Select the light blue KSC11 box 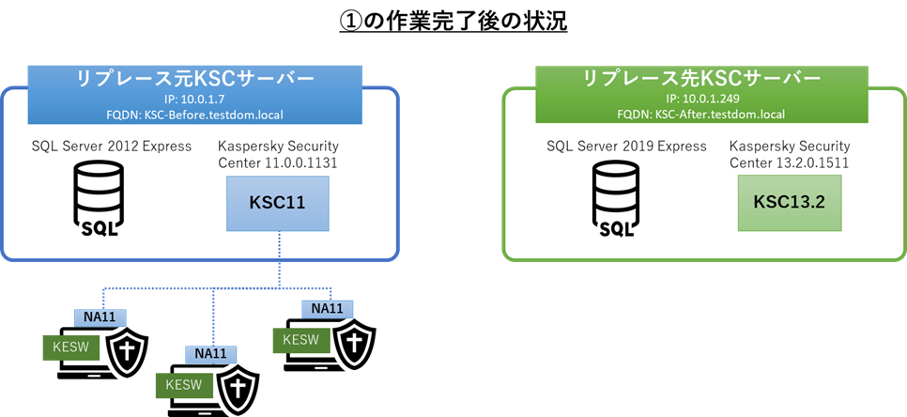coord(278,204)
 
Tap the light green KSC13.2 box coord(790,203)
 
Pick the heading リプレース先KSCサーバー coord(702,79)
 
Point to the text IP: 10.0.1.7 coord(195,99)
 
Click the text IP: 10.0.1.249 coord(702,99)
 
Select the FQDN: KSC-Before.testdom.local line coord(195,115)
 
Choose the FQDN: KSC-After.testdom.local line coord(702,115)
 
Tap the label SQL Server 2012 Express coord(112,146)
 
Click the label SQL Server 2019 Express coord(626,146)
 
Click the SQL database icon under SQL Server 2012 coord(99,199)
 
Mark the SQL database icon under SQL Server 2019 coord(615,199)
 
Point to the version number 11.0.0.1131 coord(300,163)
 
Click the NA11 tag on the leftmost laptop coord(100,317)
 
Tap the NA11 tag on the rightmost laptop coord(327,308)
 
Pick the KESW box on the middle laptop coord(183,385)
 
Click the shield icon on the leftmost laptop coord(128,350)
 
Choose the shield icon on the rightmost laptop coord(354,342)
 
